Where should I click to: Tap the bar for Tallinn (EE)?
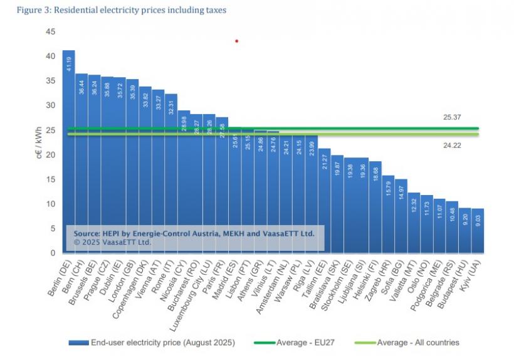coord(324,201)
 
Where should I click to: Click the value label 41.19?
coord(69,63)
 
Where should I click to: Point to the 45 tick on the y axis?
coord(51,32)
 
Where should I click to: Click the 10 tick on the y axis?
coord(51,204)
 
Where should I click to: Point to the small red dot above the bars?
coord(237,41)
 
